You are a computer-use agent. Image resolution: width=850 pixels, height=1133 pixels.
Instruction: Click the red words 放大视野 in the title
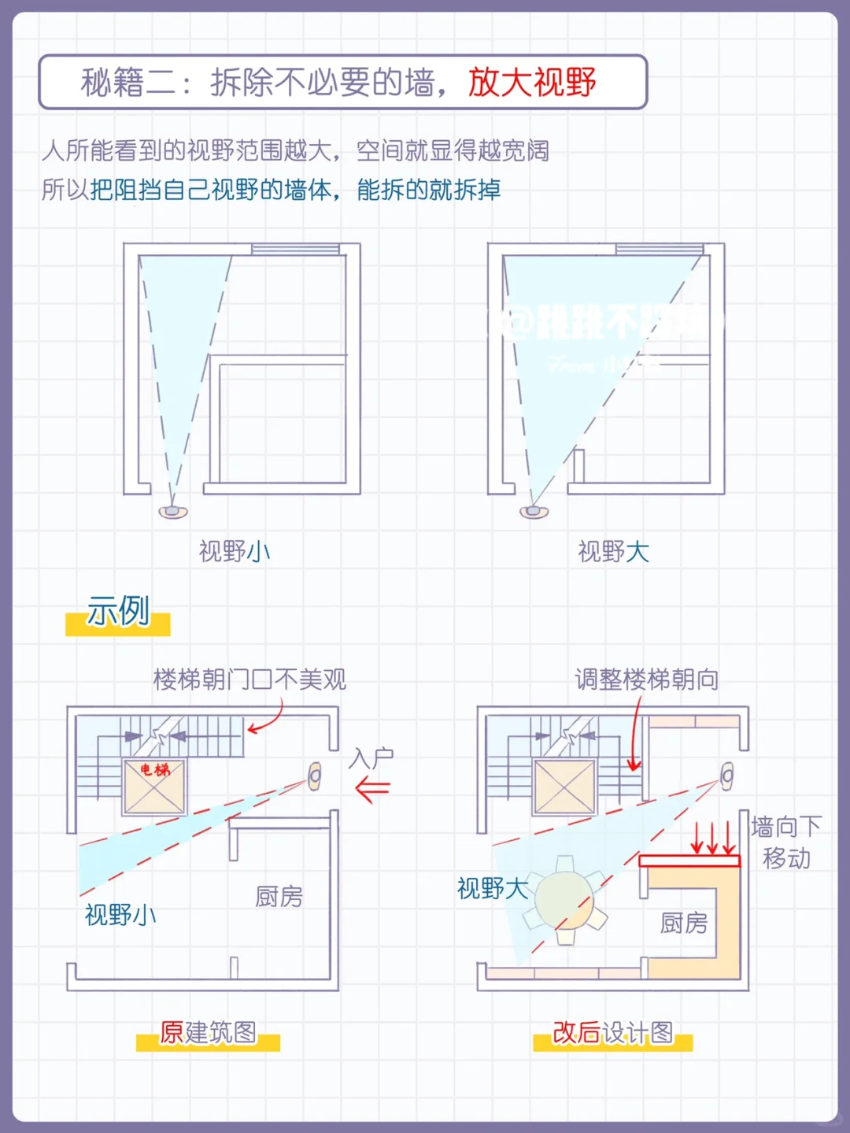pyautogui.click(x=532, y=82)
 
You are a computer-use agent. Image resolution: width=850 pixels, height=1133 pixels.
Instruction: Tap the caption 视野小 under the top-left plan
pyautogui.click(x=235, y=551)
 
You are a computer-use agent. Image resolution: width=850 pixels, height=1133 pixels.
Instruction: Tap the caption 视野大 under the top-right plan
pyautogui.click(x=614, y=551)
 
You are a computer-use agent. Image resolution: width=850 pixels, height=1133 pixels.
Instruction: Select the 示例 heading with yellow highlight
pyautogui.click(x=118, y=612)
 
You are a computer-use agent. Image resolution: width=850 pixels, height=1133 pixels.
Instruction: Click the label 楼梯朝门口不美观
pyautogui.click(x=249, y=679)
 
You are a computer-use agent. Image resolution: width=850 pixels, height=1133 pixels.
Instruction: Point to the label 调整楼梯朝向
pyautogui.click(x=646, y=679)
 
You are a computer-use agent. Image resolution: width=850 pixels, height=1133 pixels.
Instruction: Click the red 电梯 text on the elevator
pyautogui.click(x=155, y=769)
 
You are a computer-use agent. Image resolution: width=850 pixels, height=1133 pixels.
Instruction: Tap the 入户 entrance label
pyautogui.click(x=371, y=758)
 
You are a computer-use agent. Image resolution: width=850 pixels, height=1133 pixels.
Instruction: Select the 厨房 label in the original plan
pyautogui.click(x=279, y=896)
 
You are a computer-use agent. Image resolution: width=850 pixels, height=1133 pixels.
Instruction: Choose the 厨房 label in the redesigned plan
pyautogui.click(x=683, y=922)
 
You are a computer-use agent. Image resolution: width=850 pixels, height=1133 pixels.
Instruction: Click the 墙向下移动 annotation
pyautogui.click(x=786, y=842)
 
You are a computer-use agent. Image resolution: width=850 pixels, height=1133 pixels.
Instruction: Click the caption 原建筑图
pyautogui.click(x=209, y=1032)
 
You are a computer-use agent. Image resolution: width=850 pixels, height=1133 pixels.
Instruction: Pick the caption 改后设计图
pyautogui.click(x=612, y=1032)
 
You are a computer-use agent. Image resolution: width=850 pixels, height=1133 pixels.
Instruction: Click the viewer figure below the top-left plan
pyautogui.click(x=173, y=512)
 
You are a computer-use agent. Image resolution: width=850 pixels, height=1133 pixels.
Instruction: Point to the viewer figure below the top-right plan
pyautogui.click(x=534, y=512)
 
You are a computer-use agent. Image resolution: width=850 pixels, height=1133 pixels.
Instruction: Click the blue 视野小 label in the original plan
pyautogui.click(x=120, y=914)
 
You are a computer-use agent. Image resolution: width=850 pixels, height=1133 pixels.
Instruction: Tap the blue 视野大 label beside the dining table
pyautogui.click(x=493, y=888)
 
